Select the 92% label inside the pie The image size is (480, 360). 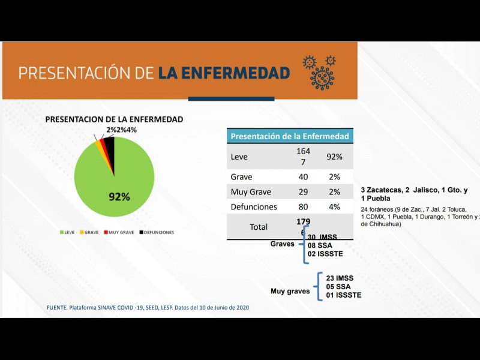click(x=119, y=197)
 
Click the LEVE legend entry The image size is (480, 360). click(x=67, y=232)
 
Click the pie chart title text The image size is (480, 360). click(x=114, y=119)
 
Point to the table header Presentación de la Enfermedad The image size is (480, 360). click(x=290, y=136)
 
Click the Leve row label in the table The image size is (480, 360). click(x=239, y=157)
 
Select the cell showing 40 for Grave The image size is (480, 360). click(x=303, y=177)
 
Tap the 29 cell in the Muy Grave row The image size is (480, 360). click(x=303, y=192)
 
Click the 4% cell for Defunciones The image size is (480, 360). click(x=334, y=207)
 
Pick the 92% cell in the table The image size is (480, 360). click(x=334, y=157)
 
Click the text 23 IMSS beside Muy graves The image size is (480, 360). click(x=340, y=278)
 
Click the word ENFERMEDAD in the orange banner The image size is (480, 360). click(x=224, y=73)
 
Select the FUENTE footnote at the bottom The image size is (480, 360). click(x=148, y=307)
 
